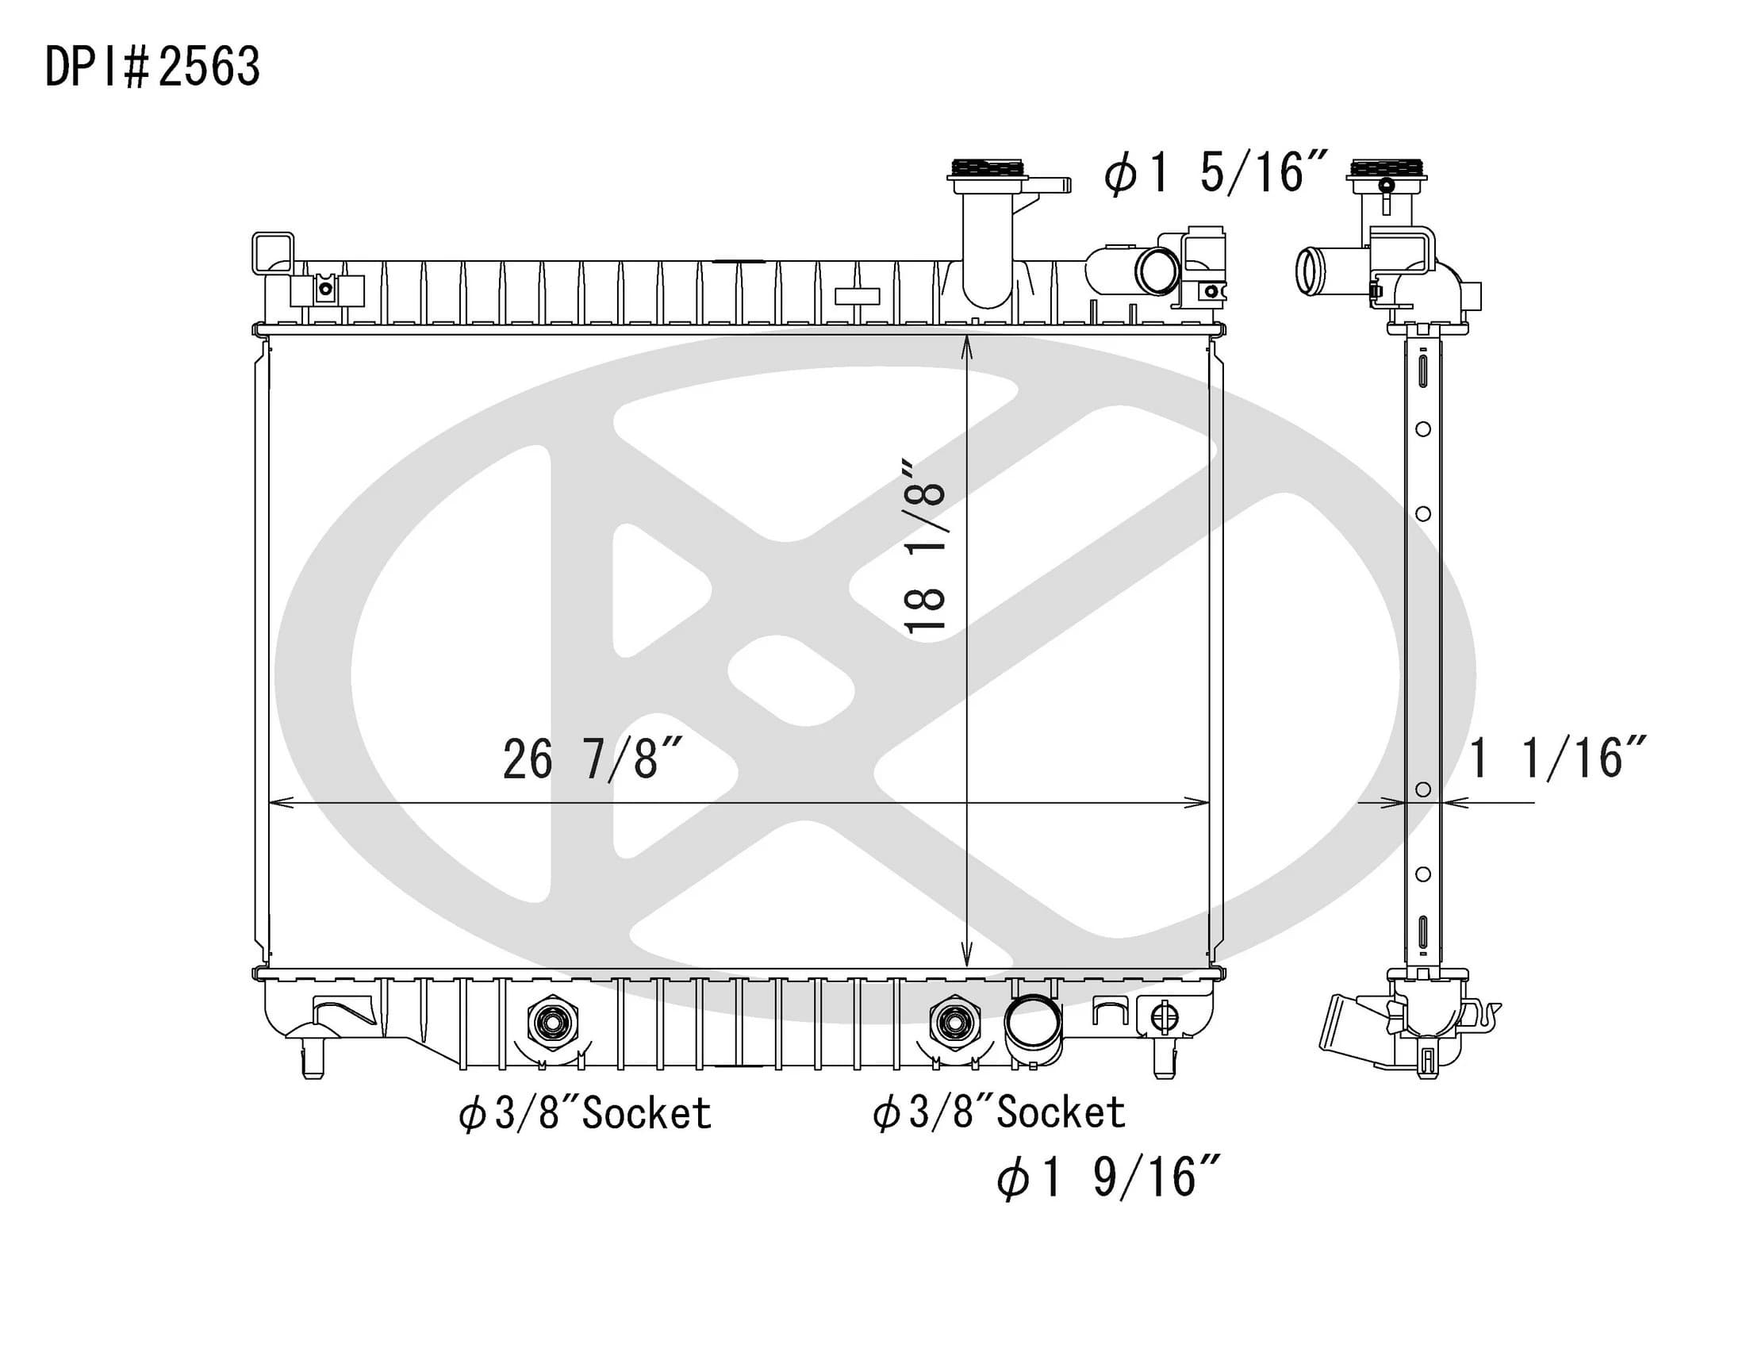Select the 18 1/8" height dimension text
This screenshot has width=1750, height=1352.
click(926, 547)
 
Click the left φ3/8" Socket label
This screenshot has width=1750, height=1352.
click(585, 1114)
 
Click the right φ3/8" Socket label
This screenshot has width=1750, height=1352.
click(1000, 1113)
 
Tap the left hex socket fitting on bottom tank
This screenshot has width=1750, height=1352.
click(552, 1023)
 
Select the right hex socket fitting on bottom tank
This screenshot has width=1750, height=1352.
click(954, 1023)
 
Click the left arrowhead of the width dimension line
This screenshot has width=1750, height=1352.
click(277, 802)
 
